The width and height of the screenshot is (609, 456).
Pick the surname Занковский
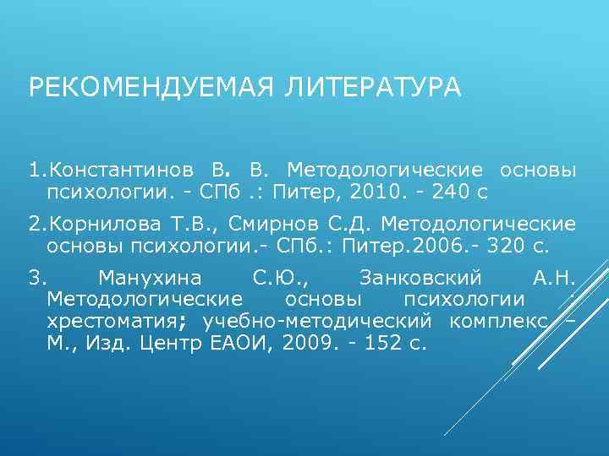420,278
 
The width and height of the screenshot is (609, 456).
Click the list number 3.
35,278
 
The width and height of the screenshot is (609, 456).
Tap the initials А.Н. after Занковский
555,278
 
